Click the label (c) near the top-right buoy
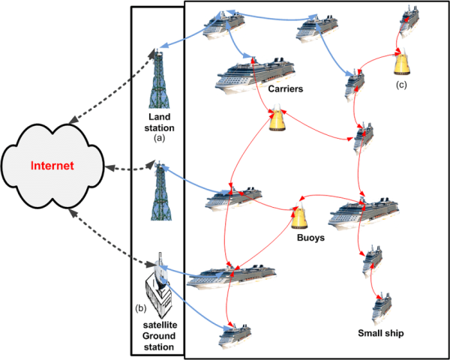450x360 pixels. coord(403,85)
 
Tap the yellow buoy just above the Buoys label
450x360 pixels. coord(301,217)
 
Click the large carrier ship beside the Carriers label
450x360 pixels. coord(253,76)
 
